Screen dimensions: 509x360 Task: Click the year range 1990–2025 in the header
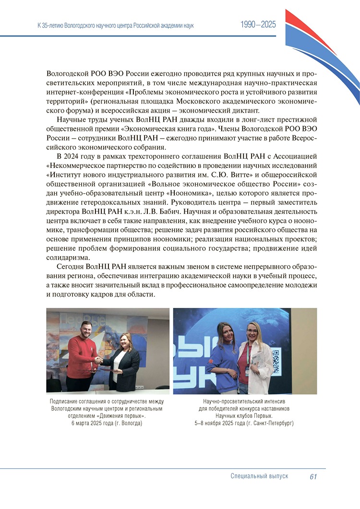pyautogui.click(x=258, y=25)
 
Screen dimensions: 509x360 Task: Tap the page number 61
pyautogui.click(x=314, y=476)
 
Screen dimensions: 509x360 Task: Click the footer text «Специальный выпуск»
pyautogui.click(x=259, y=476)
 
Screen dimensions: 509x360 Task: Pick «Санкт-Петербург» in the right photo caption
pyautogui.click(x=271, y=424)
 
